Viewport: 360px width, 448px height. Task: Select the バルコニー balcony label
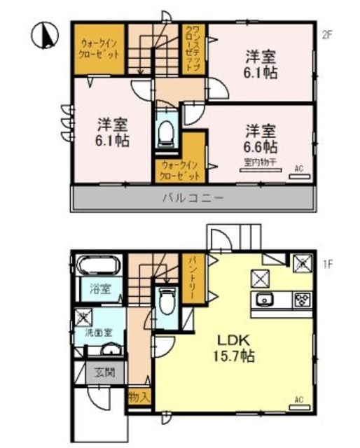point(193,198)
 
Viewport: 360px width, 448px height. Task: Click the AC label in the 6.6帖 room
point(298,169)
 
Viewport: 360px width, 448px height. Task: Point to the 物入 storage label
point(139,396)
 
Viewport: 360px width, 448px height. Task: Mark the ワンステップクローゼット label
point(192,48)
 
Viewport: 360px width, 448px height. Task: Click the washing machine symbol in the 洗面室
point(83,316)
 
